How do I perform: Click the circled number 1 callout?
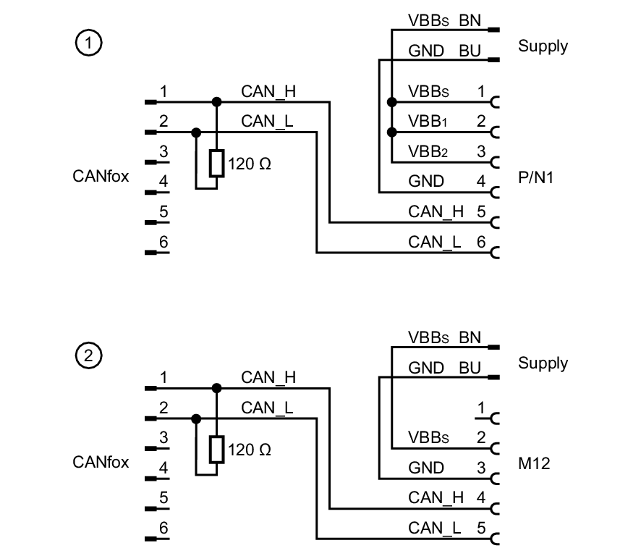click(88, 43)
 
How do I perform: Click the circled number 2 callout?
click(88, 356)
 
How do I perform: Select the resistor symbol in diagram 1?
click(216, 164)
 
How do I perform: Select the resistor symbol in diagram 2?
click(216, 450)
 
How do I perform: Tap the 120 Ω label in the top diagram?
click(250, 164)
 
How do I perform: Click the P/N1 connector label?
click(536, 177)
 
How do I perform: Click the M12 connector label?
click(534, 463)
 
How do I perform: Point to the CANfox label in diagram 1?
click(101, 176)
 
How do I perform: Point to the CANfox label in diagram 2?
click(101, 462)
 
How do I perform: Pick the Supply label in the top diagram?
click(543, 46)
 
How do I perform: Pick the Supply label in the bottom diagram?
click(543, 363)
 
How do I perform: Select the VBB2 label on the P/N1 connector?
click(428, 152)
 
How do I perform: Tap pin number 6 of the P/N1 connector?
click(480, 242)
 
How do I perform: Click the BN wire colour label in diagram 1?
click(470, 20)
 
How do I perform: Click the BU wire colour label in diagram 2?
click(470, 368)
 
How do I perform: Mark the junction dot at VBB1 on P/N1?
click(391, 132)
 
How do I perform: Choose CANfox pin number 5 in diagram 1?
click(164, 212)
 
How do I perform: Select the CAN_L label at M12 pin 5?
click(434, 528)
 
